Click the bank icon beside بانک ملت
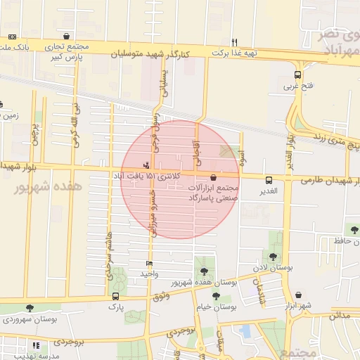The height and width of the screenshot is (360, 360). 11,37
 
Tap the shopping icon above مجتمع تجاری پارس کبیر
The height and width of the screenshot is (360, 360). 66,36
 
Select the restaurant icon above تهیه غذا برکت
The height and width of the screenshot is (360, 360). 235,41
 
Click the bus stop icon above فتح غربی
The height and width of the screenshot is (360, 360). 297,75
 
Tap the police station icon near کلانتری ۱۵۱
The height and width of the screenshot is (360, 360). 146,165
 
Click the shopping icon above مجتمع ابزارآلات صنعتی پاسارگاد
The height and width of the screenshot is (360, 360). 213,178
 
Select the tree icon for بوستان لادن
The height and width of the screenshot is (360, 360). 273,257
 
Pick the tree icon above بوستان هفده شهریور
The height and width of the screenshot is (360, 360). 204,271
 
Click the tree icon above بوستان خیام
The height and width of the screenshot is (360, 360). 215,296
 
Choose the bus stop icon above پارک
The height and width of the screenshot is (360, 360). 115,295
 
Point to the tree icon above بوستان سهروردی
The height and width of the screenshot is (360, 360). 29,308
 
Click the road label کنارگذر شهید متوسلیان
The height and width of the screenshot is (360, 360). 181,53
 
